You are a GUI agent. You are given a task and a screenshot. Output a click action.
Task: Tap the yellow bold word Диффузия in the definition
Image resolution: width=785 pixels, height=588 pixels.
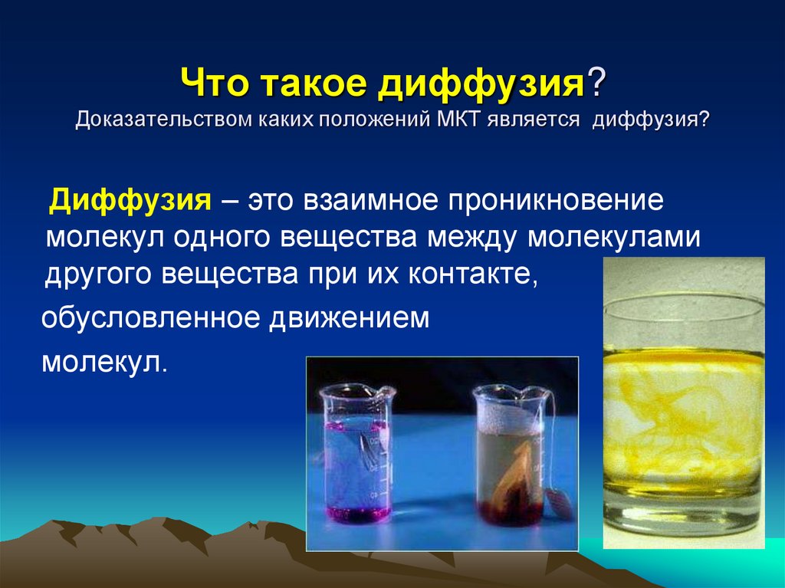[x=130, y=201]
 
